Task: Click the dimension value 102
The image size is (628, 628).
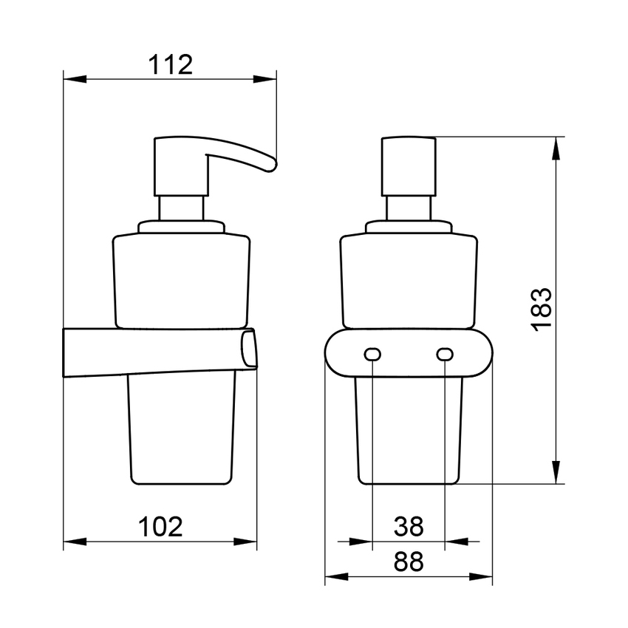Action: coord(160,527)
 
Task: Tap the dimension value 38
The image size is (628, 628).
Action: coord(408,527)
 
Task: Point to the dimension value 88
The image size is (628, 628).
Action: coord(408,562)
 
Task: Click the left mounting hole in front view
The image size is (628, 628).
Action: coord(372,356)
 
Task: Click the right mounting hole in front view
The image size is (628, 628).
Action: coord(444,356)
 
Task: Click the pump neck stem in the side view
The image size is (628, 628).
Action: coord(182,208)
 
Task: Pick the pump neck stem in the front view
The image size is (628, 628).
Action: coord(408,208)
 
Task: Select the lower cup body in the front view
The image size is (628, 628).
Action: coord(408,436)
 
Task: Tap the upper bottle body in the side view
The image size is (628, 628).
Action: coord(182,277)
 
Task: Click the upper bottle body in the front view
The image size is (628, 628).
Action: coord(408,277)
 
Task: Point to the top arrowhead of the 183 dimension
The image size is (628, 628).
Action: coord(556,146)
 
